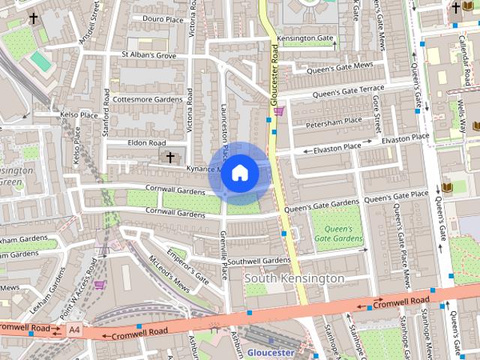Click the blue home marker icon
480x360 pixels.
tap(239, 173)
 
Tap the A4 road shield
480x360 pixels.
tap(73, 329)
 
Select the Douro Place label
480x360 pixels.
tap(163, 19)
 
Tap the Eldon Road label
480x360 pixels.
tap(146, 142)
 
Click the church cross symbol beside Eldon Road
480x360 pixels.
tap(170, 157)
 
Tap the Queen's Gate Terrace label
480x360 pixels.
tap(348, 91)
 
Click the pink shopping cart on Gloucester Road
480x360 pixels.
tap(279, 112)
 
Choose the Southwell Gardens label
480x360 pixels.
tap(258, 261)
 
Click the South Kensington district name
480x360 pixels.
tap(295, 278)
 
